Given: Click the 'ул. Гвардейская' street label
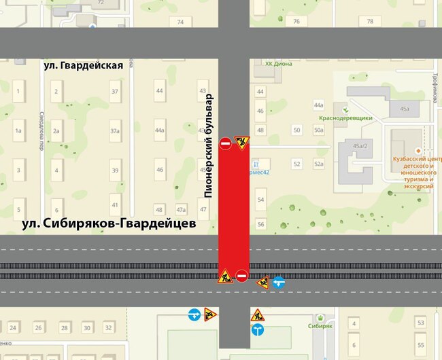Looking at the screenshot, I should click(83, 66).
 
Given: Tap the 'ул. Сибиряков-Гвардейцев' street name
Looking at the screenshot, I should click(108, 223).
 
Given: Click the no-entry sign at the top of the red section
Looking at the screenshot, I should click(226, 143).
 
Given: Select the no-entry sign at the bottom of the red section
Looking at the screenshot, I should click(242, 276).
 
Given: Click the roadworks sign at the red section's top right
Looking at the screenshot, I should click(241, 143).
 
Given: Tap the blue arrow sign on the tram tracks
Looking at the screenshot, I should click(278, 282).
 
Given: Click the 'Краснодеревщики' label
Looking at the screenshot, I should click(345, 118).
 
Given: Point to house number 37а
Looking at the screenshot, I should click(115, 131).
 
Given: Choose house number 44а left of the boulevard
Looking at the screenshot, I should click(160, 130).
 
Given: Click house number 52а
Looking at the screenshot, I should click(318, 164).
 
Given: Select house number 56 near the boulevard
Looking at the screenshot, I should click(260, 223).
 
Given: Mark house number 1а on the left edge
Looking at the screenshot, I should click(19, 130).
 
